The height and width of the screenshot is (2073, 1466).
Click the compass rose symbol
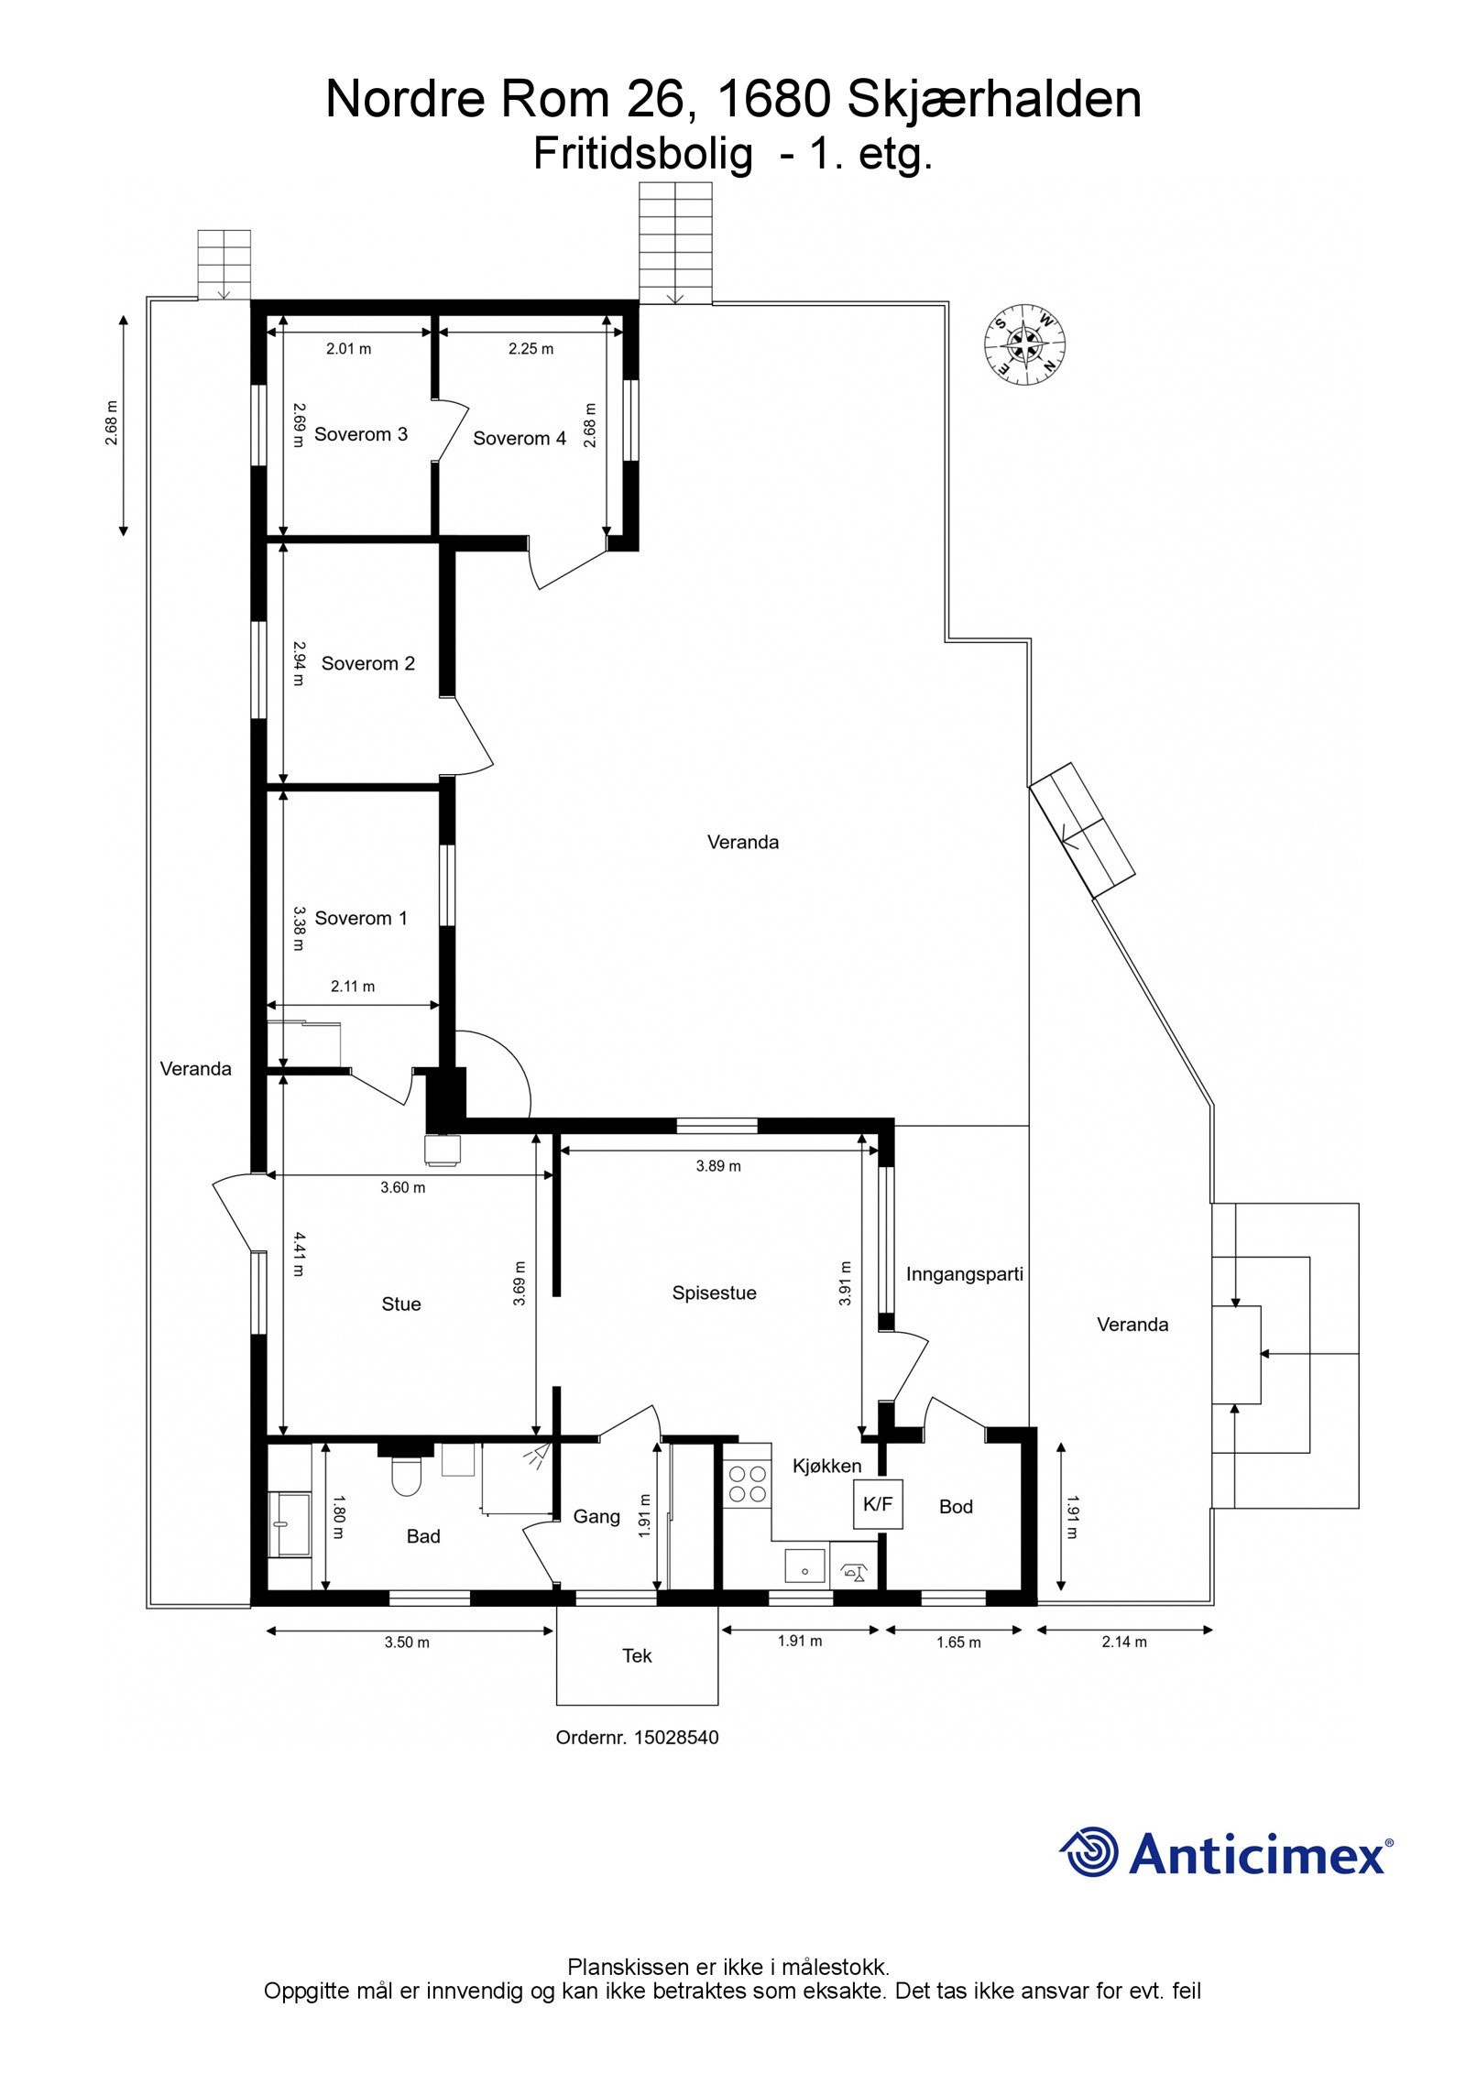pyautogui.click(x=1024, y=346)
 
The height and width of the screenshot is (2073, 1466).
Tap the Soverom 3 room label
pyautogui.click(x=360, y=434)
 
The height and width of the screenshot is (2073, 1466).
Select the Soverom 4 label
pyautogui.click(x=519, y=439)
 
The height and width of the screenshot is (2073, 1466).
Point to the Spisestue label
pyautogui.click(x=714, y=1293)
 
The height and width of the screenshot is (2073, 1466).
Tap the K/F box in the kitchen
pyautogui.click(x=878, y=1504)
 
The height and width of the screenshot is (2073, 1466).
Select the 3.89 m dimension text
pyautogui.click(x=717, y=1166)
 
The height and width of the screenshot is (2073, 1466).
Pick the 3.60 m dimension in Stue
pyautogui.click(x=402, y=1188)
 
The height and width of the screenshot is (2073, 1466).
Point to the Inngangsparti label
pyautogui.click(x=964, y=1274)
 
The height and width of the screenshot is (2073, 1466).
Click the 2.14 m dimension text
pyautogui.click(x=1124, y=1642)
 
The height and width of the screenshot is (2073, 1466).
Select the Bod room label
pyautogui.click(x=956, y=1507)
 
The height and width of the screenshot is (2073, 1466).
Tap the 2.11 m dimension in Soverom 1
pyautogui.click(x=352, y=987)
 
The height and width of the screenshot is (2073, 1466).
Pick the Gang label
pyautogui.click(x=596, y=1517)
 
